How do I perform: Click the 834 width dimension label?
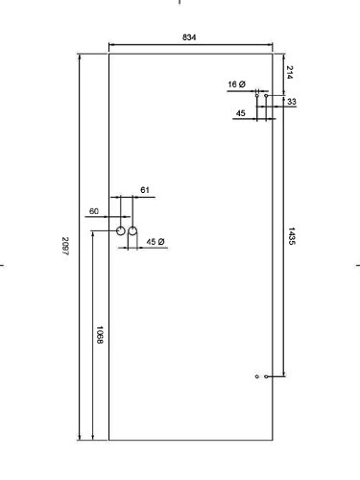189,37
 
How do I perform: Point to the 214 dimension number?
290,72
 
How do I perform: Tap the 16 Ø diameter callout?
237,84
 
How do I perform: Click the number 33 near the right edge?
292,102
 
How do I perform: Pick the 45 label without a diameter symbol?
241,113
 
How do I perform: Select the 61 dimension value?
145,190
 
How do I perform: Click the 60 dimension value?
94,211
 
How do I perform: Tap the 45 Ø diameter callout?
156,242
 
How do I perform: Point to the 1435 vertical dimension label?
291,236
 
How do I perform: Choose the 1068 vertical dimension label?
100,335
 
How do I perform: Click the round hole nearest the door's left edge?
121,230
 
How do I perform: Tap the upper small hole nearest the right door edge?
266,95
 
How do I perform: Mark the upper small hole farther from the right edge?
256,95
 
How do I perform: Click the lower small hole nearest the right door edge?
266,376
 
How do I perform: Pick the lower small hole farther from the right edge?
256,376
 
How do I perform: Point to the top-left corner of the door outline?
109,54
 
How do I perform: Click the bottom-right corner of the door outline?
273,441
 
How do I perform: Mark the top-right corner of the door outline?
273,54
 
